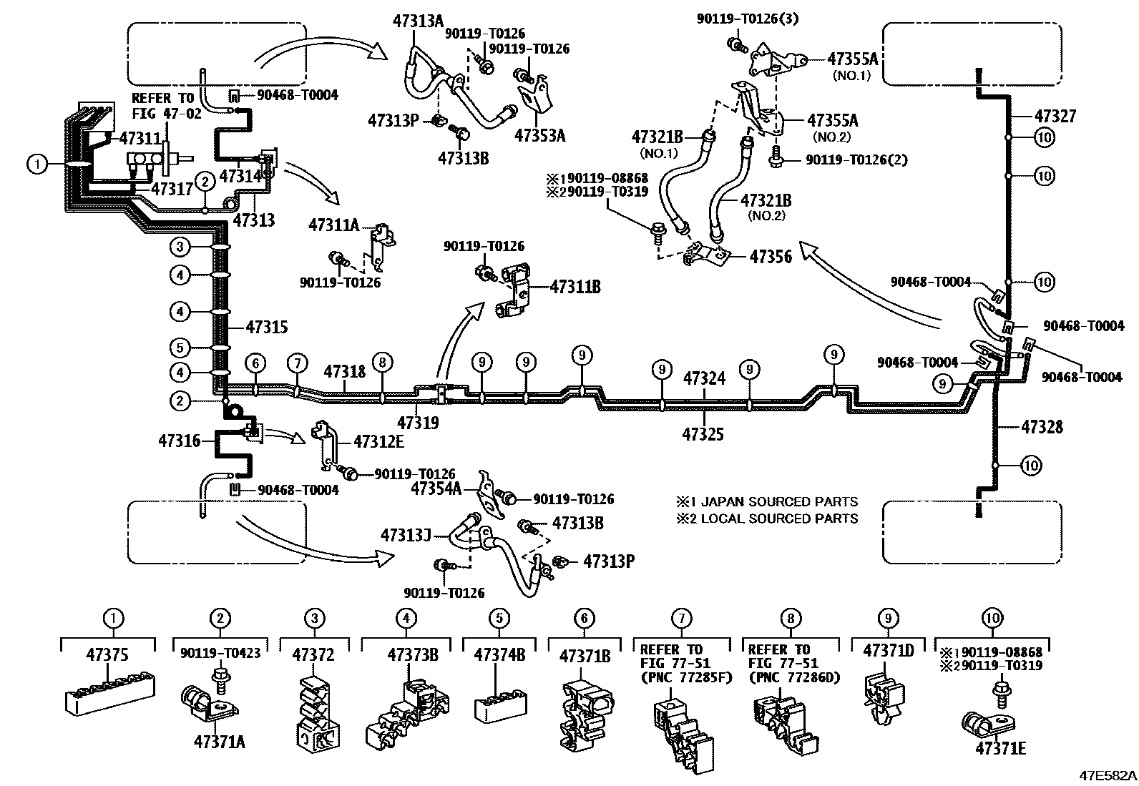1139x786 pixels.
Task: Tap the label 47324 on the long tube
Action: tap(704, 378)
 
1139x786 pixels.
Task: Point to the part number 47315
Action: tap(267, 328)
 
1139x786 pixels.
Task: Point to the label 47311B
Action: tap(575, 288)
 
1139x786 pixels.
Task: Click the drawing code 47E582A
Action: tap(1108, 775)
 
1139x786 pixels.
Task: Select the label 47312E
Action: tap(379, 441)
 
